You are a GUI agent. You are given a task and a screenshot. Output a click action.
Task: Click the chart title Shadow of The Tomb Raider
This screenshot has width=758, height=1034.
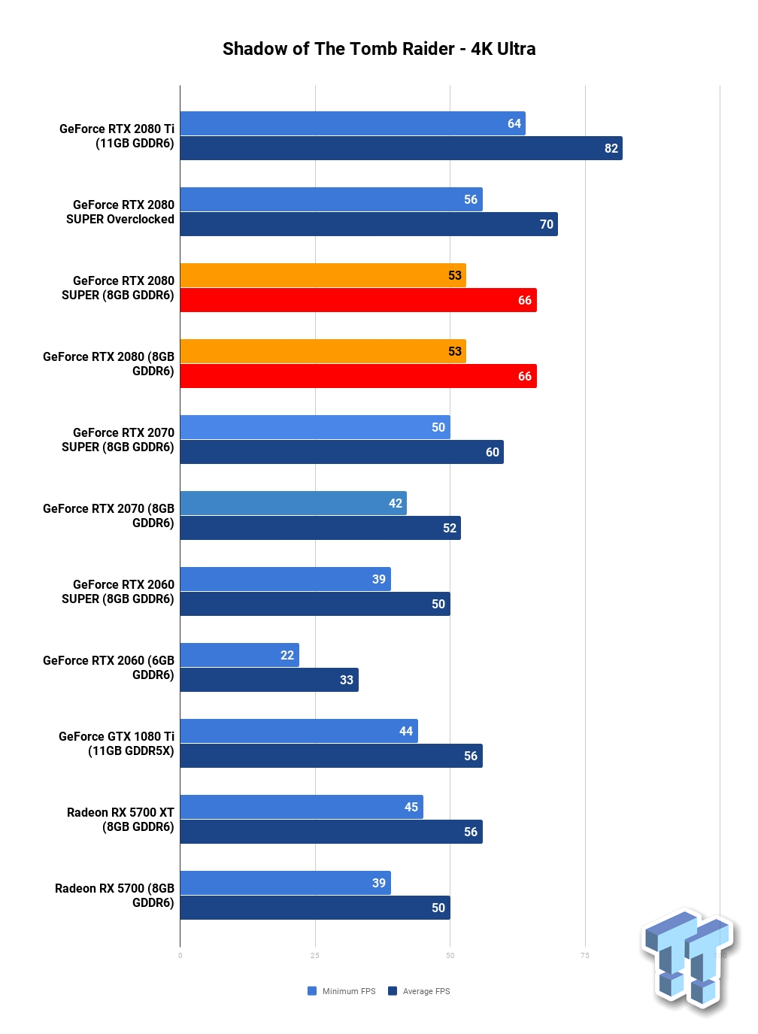coord(338,49)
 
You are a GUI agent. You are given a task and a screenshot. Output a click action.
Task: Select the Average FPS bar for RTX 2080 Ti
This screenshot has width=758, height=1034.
coord(401,148)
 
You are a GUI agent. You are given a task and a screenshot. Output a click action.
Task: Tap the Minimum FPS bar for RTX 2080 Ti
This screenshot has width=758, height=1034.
coord(353,123)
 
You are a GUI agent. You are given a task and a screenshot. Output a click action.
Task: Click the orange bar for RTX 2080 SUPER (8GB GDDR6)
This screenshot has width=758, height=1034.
coord(323,275)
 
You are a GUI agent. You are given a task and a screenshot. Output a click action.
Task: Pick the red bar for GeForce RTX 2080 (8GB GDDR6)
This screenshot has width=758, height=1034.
coord(358,376)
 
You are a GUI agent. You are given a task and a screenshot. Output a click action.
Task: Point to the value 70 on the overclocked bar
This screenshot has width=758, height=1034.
coord(547,224)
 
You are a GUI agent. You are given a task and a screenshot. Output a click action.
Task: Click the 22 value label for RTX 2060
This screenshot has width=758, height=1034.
coord(287,655)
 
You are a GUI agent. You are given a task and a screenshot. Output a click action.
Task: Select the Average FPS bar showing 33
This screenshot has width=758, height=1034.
coord(269,680)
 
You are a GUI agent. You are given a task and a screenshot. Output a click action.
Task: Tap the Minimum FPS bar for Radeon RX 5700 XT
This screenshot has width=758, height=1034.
coord(302,807)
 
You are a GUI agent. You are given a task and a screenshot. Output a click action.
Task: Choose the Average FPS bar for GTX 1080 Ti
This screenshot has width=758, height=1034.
coord(331,756)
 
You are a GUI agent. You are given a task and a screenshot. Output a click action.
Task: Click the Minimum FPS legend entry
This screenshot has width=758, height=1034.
coord(341,991)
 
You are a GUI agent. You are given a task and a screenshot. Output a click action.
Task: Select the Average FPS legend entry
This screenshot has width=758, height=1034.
coord(419,991)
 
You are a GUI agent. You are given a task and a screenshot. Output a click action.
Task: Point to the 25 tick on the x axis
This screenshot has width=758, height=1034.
coord(315,956)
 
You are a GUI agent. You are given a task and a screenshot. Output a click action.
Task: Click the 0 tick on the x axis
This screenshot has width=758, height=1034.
coord(180,956)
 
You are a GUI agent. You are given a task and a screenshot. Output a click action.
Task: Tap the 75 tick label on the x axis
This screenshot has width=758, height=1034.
coord(585,956)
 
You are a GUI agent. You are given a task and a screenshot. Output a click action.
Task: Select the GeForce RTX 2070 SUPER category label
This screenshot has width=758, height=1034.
coord(118,439)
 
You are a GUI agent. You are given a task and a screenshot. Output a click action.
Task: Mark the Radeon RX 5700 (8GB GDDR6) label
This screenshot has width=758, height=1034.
coord(114,896)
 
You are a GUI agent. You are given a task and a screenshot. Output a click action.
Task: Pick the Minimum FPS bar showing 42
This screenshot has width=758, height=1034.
coord(293,503)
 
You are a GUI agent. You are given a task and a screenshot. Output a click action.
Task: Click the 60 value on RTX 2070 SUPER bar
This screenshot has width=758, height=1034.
coord(493,452)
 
